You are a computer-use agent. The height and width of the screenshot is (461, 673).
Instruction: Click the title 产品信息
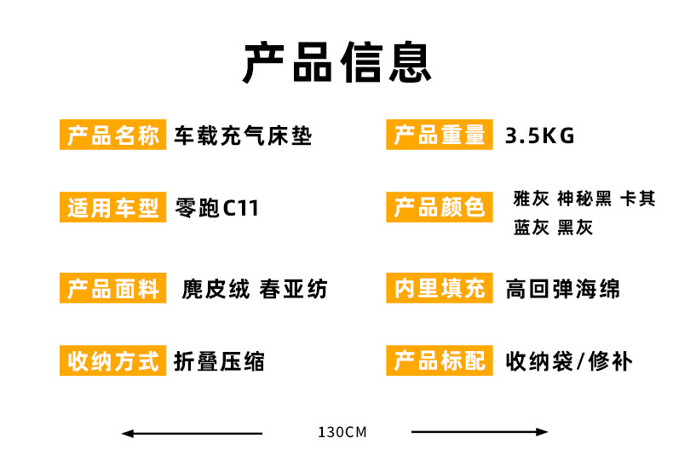tap(337, 62)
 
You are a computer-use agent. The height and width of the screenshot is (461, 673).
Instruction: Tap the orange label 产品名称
tap(113, 135)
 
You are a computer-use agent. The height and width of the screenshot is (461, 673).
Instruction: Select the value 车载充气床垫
tap(243, 135)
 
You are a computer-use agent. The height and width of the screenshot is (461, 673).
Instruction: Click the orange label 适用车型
tap(113, 207)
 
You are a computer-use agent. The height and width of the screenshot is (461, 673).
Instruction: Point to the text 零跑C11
tap(216, 208)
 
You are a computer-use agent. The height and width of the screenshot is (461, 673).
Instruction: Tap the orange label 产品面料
tap(113, 288)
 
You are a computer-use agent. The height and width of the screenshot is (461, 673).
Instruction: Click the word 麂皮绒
tap(216, 289)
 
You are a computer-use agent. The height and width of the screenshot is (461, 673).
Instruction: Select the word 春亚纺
tap(293, 289)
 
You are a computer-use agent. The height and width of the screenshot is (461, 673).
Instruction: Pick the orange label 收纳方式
tap(113, 360)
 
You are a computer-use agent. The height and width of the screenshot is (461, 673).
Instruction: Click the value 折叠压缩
tap(219, 361)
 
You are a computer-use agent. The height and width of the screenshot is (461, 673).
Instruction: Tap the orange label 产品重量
tap(440, 135)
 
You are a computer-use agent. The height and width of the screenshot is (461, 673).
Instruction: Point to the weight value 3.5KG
tap(539, 136)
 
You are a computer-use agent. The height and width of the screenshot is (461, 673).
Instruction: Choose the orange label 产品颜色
tap(440, 207)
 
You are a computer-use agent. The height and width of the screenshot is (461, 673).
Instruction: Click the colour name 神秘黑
tap(584, 199)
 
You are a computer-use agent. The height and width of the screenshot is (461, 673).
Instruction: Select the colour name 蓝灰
tap(532, 228)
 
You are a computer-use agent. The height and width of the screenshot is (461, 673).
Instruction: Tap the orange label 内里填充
tap(440, 288)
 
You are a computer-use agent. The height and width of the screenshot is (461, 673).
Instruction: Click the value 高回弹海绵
tap(563, 289)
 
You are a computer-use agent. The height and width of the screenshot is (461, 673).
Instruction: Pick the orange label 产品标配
tap(440, 360)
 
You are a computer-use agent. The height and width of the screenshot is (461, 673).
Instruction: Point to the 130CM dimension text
tap(342, 432)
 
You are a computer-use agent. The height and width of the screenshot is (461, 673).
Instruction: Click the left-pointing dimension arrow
tap(192, 434)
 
